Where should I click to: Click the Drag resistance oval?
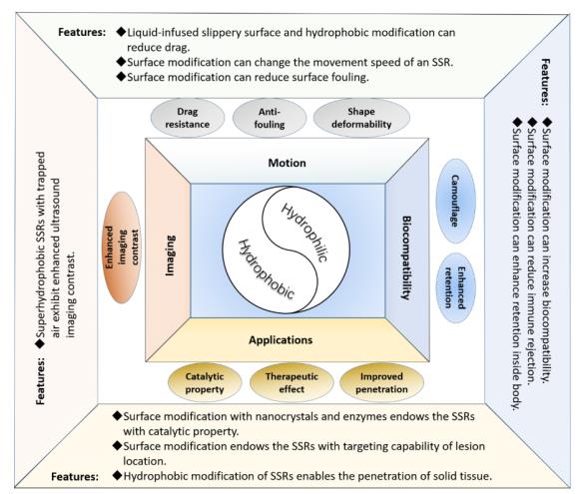pyautogui.click(x=188, y=118)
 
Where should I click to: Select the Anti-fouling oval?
pyautogui.click(x=270, y=118)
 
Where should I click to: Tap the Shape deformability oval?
pyautogui.click(x=361, y=118)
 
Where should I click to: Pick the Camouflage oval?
pyautogui.click(x=455, y=201)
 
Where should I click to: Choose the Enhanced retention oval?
pyautogui.click(x=455, y=287)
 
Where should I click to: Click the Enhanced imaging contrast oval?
pyautogui.click(x=122, y=247)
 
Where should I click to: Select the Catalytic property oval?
pyautogui.click(x=205, y=382)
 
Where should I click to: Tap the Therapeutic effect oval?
pyautogui.click(x=292, y=382)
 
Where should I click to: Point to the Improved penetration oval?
pyautogui.click(x=381, y=382)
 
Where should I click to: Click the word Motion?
pyautogui.click(x=288, y=163)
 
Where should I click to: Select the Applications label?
pyautogui.click(x=281, y=340)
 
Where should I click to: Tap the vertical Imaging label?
pyautogui.click(x=170, y=255)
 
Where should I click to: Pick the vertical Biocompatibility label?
pyautogui.click(x=405, y=257)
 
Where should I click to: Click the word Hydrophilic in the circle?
pyautogui.click(x=304, y=233)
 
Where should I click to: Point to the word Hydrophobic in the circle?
pyautogui.click(x=266, y=269)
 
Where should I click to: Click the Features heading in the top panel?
pyautogui.click(x=82, y=32)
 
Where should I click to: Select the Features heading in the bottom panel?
pyautogui.click(x=75, y=477)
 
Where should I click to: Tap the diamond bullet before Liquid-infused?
pyautogui.click(x=121, y=31)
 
